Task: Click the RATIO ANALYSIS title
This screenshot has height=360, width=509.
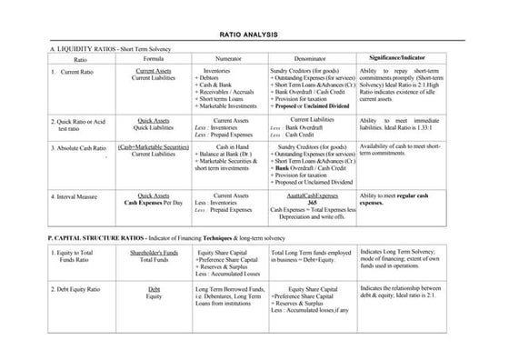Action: (x=254, y=32)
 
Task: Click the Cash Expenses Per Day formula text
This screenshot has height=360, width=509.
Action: (x=154, y=201)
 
